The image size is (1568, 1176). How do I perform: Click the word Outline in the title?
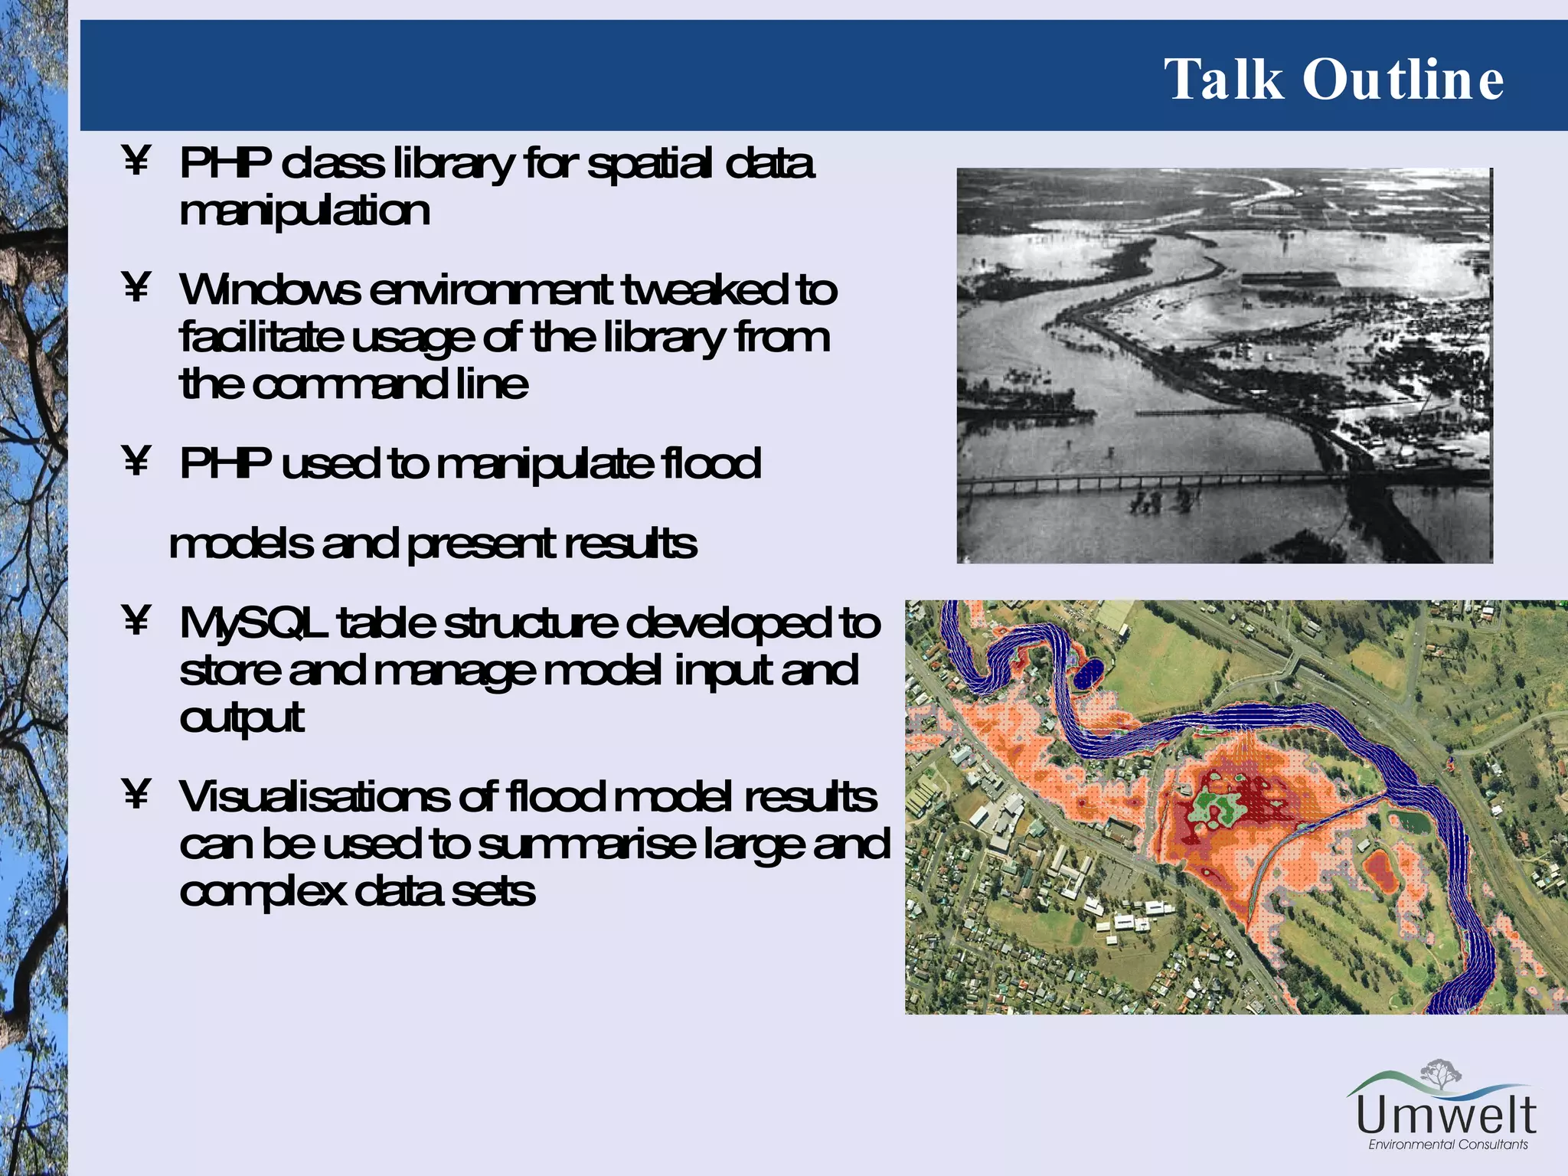click(x=1403, y=80)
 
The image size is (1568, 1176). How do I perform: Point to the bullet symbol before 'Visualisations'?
click(x=136, y=794)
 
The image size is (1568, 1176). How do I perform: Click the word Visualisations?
click(x=314, y=797)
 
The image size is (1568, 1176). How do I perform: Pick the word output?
click(x=242, y=718)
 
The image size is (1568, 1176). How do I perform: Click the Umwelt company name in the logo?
click(x=1445, y=1116)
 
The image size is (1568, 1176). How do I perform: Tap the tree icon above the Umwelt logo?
click(x=1441, y=1073)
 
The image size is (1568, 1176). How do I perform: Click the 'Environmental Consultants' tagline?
click(x=1448, y=1145)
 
